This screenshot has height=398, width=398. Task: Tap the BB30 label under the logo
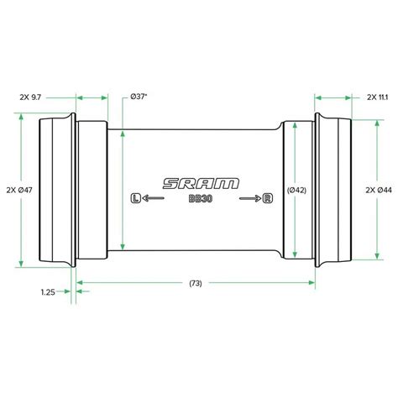[x=199, y=199]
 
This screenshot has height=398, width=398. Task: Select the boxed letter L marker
[x=136, y=198]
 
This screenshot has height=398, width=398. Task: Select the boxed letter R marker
[x=268, y=198]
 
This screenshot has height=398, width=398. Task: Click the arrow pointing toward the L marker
[x=153, y=198]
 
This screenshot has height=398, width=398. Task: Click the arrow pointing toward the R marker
[x=250, y=198]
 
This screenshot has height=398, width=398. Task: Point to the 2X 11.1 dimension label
[x=376, y=97]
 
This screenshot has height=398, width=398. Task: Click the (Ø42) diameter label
[x=297, y=190]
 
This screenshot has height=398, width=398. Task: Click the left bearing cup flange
[x=55, y=190]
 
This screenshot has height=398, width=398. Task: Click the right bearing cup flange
[x=336, y=190]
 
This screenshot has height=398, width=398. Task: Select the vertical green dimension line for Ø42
[x=297, y=227]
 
